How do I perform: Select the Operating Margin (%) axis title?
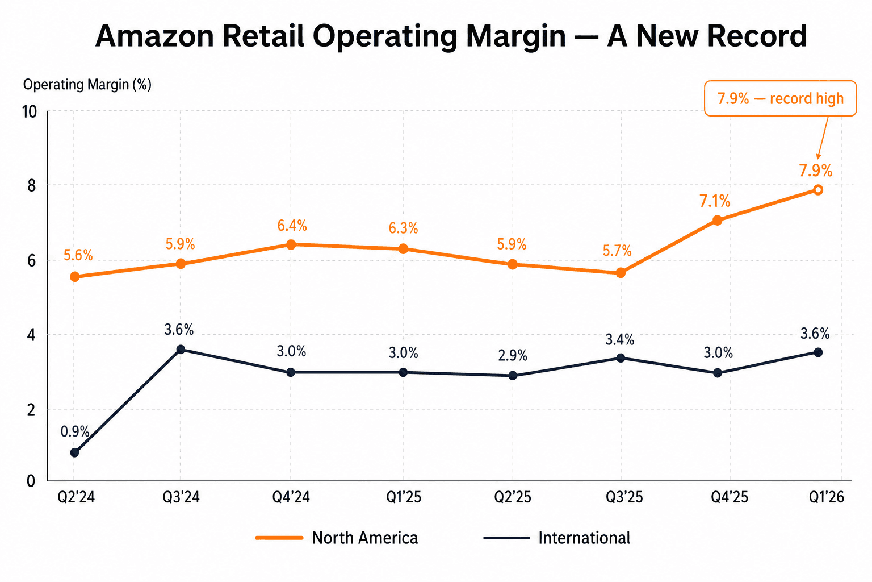[87, 85]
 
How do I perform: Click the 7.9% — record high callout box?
[780, 98]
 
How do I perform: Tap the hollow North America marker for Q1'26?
[818, 190]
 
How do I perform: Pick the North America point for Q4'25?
[717, 221]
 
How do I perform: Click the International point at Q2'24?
[74, 452]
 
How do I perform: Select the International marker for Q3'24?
[181, 350]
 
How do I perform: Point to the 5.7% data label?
[617, 251]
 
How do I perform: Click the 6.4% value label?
[292, 226]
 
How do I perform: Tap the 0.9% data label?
[75, 431]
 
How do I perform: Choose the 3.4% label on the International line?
[619, 340]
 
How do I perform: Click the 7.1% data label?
[714, 201]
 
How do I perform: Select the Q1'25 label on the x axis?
[404, 497]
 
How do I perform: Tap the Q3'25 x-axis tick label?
[624, 497]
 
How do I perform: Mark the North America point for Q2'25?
[513, 264]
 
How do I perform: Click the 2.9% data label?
[513, 356]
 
